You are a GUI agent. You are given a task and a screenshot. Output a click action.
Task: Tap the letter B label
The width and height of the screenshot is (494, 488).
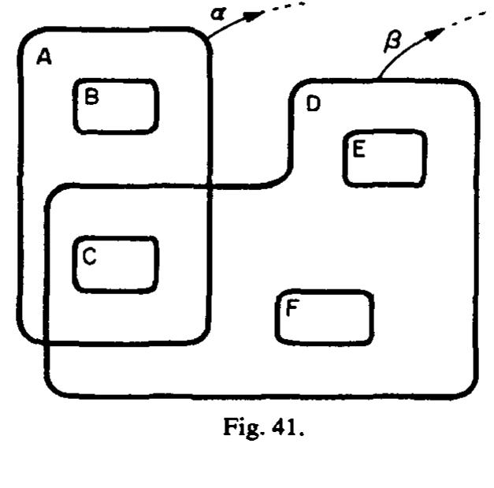coord(91,97)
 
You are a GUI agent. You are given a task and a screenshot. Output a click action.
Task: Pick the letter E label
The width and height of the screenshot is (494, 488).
coord(358,149)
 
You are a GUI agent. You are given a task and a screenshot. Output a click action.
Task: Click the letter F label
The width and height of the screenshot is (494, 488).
coord(292,308)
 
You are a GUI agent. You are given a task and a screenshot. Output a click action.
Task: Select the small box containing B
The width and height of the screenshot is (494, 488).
coord(117,106)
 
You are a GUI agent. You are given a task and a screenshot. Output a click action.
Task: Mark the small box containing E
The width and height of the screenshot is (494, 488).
coord(384,158)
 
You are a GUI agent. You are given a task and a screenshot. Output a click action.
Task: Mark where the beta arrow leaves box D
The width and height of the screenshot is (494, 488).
coord(379,80)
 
